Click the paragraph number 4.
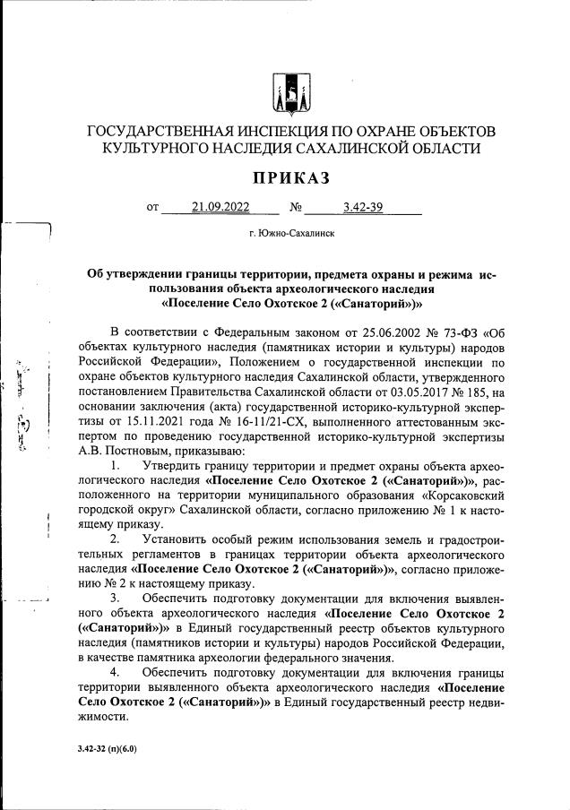(x=113, y=671)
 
